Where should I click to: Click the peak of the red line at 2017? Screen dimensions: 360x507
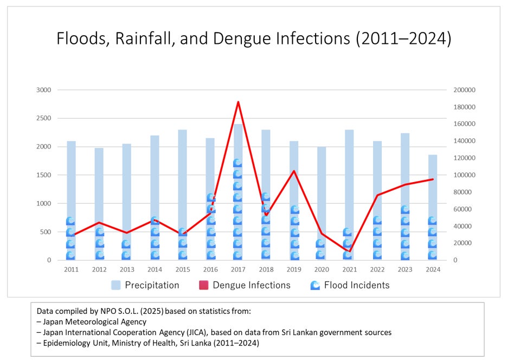coord(238,102)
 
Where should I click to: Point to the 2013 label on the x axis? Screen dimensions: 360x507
coord(126,269)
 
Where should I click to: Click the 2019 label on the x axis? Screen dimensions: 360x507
coord(293,269)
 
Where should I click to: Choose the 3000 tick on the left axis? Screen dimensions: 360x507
coord(43,90)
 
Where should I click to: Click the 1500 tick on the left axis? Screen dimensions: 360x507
coord(43,175)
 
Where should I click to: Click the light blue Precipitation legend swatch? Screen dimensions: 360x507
coord(116,285)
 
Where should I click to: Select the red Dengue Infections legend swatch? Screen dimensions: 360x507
coord(204,285)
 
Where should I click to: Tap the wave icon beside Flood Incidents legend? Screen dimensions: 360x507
coord(315,285)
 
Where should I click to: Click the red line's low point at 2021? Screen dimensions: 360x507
coord(349,251)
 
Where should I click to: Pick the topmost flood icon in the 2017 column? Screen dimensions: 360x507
coord(238,163)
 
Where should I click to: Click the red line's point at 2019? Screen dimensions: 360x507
coord(293,171)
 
